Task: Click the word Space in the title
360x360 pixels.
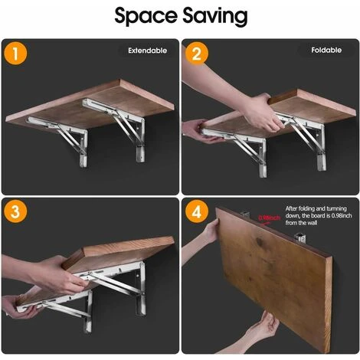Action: click(x=146, y=15)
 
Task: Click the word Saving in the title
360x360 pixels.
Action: click(x=215, y=16)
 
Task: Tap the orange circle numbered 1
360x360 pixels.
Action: click(x=15, y=54)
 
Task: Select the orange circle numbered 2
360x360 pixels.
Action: click(x=197, y=53)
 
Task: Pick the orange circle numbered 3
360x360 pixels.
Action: click(x=15, y=211)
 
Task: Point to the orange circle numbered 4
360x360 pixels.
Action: click(x=197, y=211)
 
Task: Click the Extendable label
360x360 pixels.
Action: click(x=148, y=51)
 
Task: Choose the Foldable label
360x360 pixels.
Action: click(x=326, y=50)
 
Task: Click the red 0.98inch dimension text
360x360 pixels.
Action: click(x=269, y=218)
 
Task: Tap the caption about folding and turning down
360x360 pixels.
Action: click(x=319, y=216)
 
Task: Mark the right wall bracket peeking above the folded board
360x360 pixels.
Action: click(x=299, y=238)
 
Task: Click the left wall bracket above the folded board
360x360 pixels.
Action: click(x=245, y=215)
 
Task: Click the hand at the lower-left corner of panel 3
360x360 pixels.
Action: click(x=18, y=306)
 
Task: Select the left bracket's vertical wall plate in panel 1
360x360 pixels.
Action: click(x=83, y=149)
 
